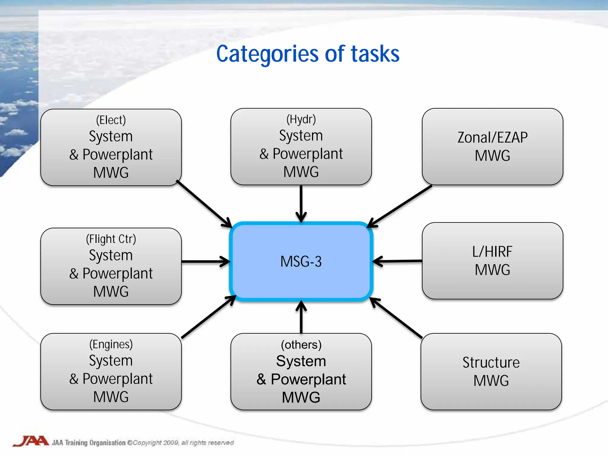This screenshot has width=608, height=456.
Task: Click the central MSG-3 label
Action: pyautogui.click(x=301, y=262)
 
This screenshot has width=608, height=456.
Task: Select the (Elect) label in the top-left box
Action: pyautogui.click(x=111, y=120)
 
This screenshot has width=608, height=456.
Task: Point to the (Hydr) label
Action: pyautogui.click(x=301, y=119)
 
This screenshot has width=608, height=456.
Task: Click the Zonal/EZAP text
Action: pyautogui.click(x=492, y=137)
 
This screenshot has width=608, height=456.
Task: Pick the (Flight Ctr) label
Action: pyautogui.click(x=111, y=239)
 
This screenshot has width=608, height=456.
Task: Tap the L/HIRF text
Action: pyautogui.click(x=492, y=251)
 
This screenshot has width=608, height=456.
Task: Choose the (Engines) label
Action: pyautogui.click(x=111, y=344)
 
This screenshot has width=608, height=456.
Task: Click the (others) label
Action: pyautogui.click(x=301, y=345)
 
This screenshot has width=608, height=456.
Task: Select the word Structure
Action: pyautogui.click(x=491, y=362)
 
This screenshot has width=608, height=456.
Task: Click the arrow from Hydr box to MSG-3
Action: pyautogui.click(x=301, y=203)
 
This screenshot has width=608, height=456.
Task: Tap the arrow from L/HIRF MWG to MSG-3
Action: pyautogui.click(x=397, y=261)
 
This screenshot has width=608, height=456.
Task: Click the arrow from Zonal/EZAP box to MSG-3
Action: pyautogui.click(x=399, y=206)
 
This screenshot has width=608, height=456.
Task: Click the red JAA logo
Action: pyautogui.click(x=31, y=441)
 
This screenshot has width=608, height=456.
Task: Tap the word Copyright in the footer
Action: pyautogui.click(x=147, y=443)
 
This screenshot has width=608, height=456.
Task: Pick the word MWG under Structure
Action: pyautogui.click(x=491, y=381)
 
